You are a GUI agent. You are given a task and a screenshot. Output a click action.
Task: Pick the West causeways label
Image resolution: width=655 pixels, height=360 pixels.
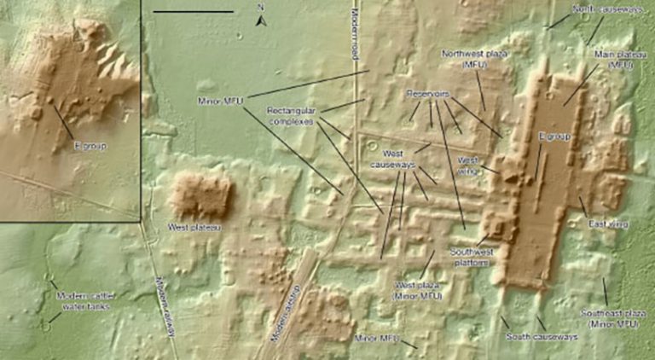tap(392, 158)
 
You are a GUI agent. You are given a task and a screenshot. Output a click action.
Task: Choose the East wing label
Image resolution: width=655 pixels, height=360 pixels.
tap(608, 224)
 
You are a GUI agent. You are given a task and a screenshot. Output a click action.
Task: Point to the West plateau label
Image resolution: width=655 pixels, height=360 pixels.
tap(194, 228)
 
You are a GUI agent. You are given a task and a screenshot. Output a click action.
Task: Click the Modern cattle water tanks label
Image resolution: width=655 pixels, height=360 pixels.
tap(83, 300)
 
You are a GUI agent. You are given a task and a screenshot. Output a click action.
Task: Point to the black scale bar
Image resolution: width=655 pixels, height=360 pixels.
tap(193, 11)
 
